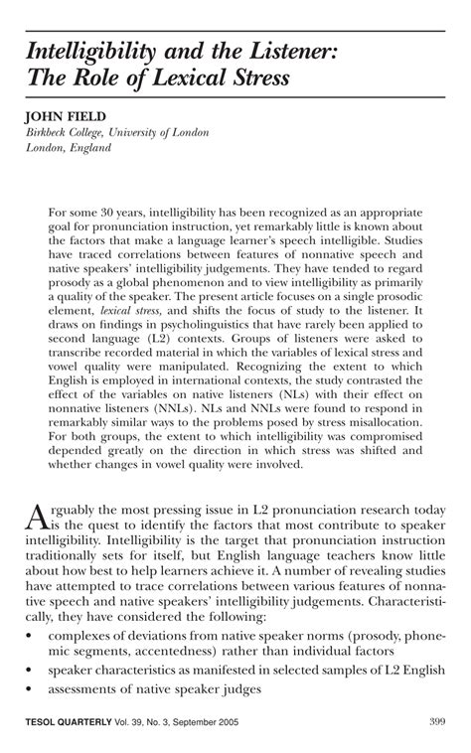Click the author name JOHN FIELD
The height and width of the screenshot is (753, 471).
coord(68,116)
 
